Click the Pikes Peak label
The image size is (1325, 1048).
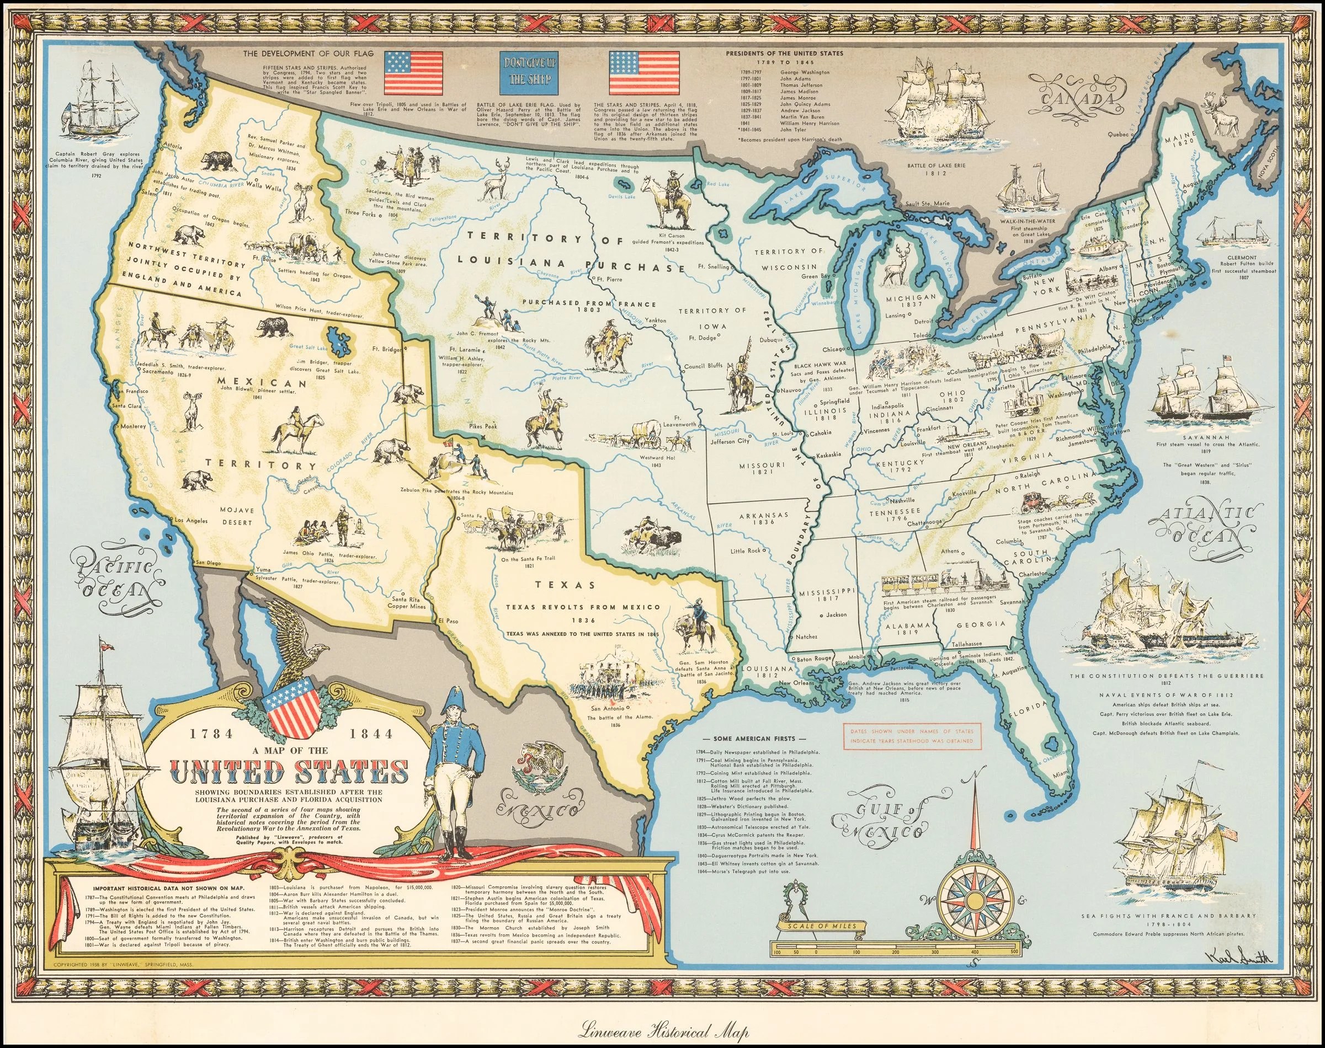click(x=467, y=425)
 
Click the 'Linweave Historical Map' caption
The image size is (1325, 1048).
click(x=663, y=1031)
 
